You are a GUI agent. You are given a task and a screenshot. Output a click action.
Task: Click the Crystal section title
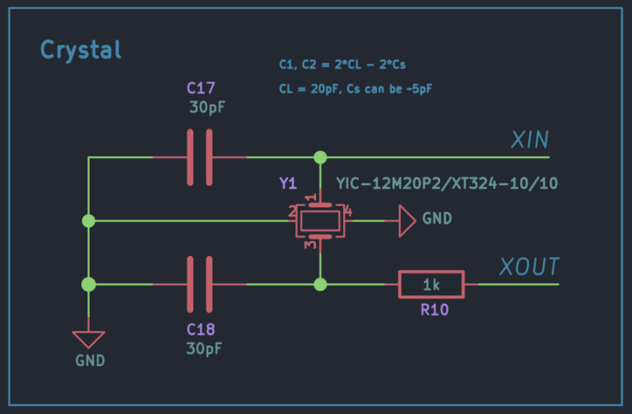pos(81,50)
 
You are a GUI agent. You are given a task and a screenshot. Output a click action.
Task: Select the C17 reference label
pos(202,88)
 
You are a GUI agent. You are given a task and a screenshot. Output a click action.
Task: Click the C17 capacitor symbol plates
pos(199,157)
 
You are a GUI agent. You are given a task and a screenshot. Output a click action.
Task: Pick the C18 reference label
pos(202,329)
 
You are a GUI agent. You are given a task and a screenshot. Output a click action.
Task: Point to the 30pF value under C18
pos(204,348)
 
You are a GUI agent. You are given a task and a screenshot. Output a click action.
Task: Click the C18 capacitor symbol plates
pos(199,285)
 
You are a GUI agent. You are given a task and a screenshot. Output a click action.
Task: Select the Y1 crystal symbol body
pos(319,221)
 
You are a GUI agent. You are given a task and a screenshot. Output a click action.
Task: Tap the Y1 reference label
pos(288,184)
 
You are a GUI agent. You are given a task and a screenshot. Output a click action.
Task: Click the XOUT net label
pos(528,267)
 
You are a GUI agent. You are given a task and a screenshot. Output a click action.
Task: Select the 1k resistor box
pos(431,285)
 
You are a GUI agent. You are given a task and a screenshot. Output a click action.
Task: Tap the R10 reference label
pos(431,311)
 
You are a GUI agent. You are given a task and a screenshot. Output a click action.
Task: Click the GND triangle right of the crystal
pos(407,221)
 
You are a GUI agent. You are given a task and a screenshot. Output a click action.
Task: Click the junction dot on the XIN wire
pos(320,157)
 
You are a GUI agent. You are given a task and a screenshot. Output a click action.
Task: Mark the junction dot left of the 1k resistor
pos(320,285)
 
